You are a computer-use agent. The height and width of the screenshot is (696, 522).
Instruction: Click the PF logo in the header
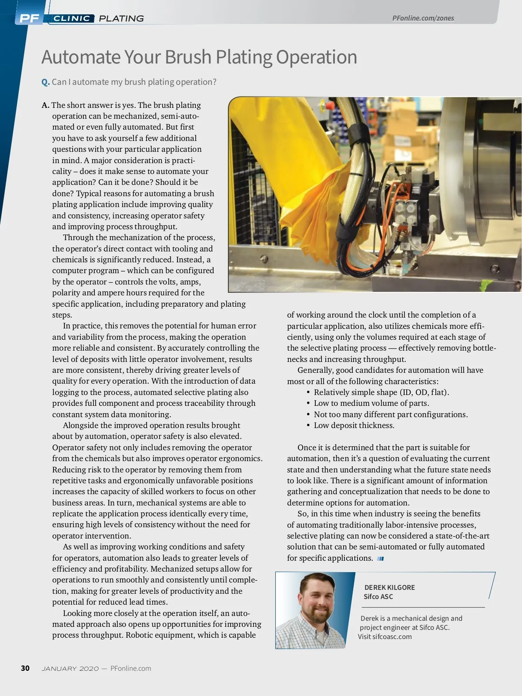(x=29, y=18)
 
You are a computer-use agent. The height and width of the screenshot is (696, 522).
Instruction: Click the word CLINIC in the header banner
(x=72, y=18)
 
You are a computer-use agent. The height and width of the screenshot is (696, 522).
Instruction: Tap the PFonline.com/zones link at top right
(x=423, y=18)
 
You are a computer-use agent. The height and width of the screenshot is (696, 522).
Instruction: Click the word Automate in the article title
(x=81, y=57)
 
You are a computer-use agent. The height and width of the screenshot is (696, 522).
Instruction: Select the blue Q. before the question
(x=46, y=82)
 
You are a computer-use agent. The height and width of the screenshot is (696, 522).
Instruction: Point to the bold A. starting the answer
(x=45, y=105)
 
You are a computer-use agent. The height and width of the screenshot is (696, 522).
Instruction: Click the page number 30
(x=25, y=668)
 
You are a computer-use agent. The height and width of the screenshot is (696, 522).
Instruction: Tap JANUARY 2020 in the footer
(x=70, y=669)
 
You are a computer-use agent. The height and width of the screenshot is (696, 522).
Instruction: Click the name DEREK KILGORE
(x=389, y=587)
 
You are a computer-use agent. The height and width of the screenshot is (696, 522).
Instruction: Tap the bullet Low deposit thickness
(x=354, y=425)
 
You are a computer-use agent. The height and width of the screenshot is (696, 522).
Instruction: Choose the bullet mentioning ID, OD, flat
(x=381, y=392)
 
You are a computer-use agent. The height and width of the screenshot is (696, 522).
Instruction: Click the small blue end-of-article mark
(x=381, y=559)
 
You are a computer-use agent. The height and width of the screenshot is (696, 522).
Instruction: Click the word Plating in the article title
(x=244, y=57)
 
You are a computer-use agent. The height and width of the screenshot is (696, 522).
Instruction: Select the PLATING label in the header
(x=121, y=18)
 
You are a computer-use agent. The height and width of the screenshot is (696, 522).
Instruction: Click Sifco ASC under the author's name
(x=378, y=597)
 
